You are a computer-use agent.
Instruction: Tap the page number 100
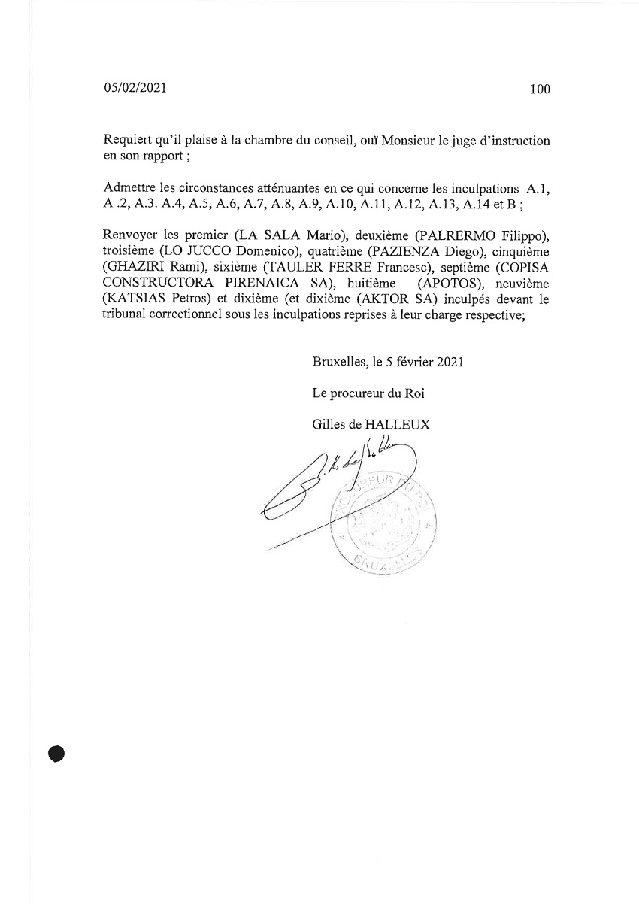coord(540,89)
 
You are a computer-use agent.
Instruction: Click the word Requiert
coord(128,141)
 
